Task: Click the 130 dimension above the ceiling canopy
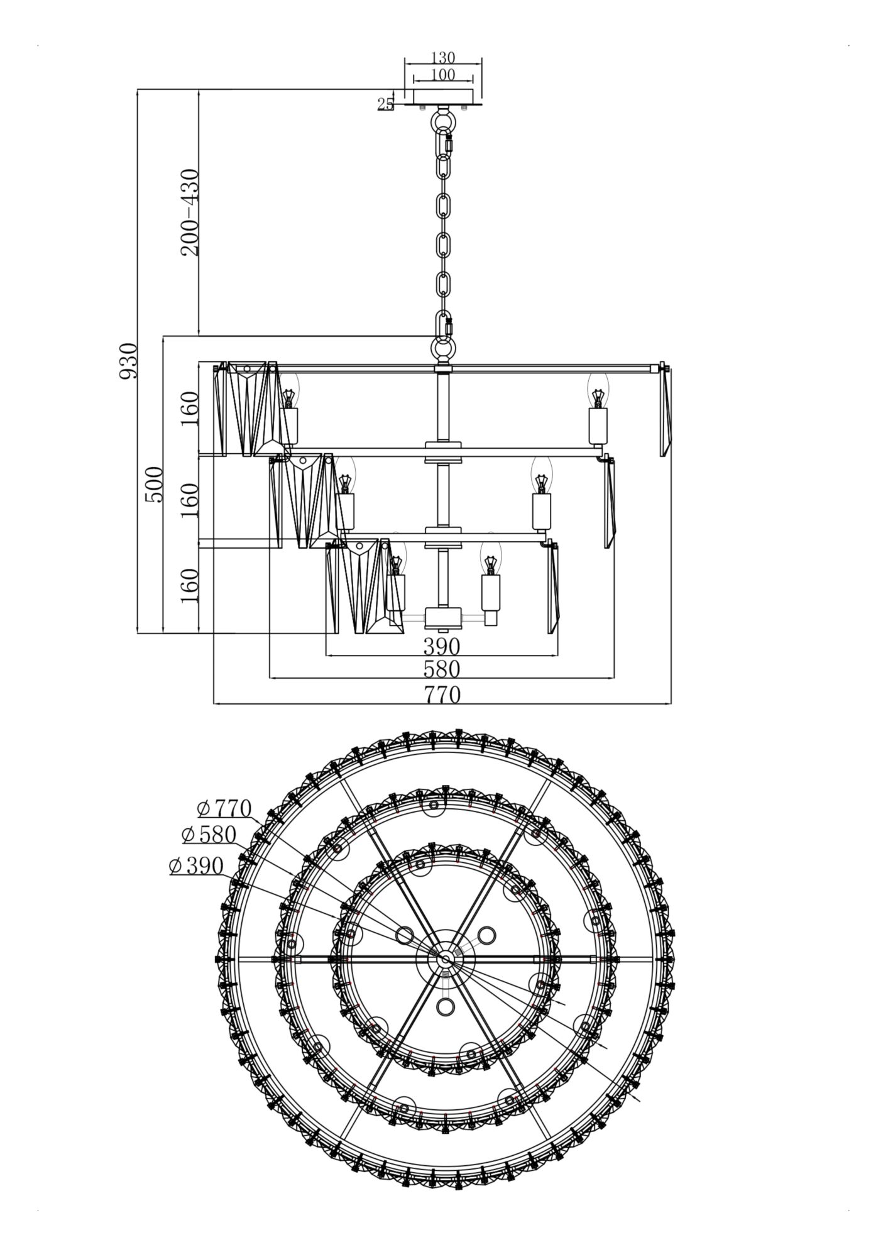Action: pos(443,58)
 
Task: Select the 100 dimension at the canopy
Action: pos(443,75)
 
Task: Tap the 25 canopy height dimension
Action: pos(385,104)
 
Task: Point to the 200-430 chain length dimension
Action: pos(190,212)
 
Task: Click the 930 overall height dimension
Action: pos(128,361)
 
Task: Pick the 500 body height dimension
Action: pos(154,484)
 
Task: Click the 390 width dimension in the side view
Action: pos(442,646)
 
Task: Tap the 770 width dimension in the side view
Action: pos(442,695)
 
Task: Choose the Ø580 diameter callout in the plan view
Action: pos(209,835)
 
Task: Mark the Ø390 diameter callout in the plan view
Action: pos(196,866)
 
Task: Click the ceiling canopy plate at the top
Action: pos(443,96)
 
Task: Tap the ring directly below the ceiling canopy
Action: pos(443,119)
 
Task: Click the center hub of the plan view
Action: pos(445,959)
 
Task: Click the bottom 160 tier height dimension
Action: pos(190,585)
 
